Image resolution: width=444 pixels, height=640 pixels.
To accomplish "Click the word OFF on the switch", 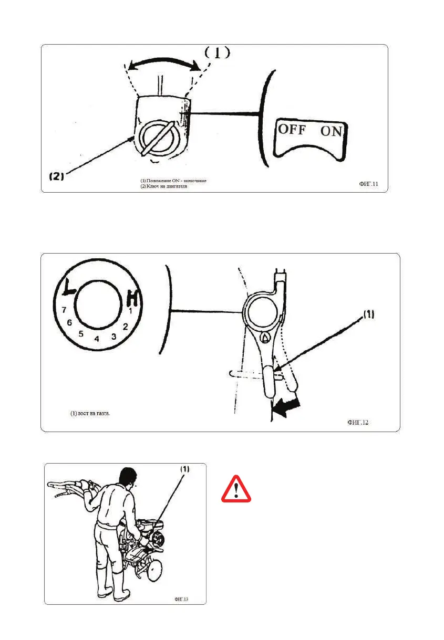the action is pos(292,129).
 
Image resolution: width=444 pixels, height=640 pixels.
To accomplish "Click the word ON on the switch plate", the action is pos(332,132).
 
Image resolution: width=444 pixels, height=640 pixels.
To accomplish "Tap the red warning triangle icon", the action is pos(236,489).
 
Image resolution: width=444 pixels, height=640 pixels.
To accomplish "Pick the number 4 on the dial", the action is pos(97,339).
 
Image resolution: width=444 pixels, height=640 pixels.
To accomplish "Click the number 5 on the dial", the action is pos(81,334).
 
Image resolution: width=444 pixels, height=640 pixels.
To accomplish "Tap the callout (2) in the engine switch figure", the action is pos(56,177).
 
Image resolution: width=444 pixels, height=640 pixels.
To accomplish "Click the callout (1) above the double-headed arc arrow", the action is pos(216,53).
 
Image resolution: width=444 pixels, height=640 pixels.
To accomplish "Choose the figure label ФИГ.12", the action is pos(358,422).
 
